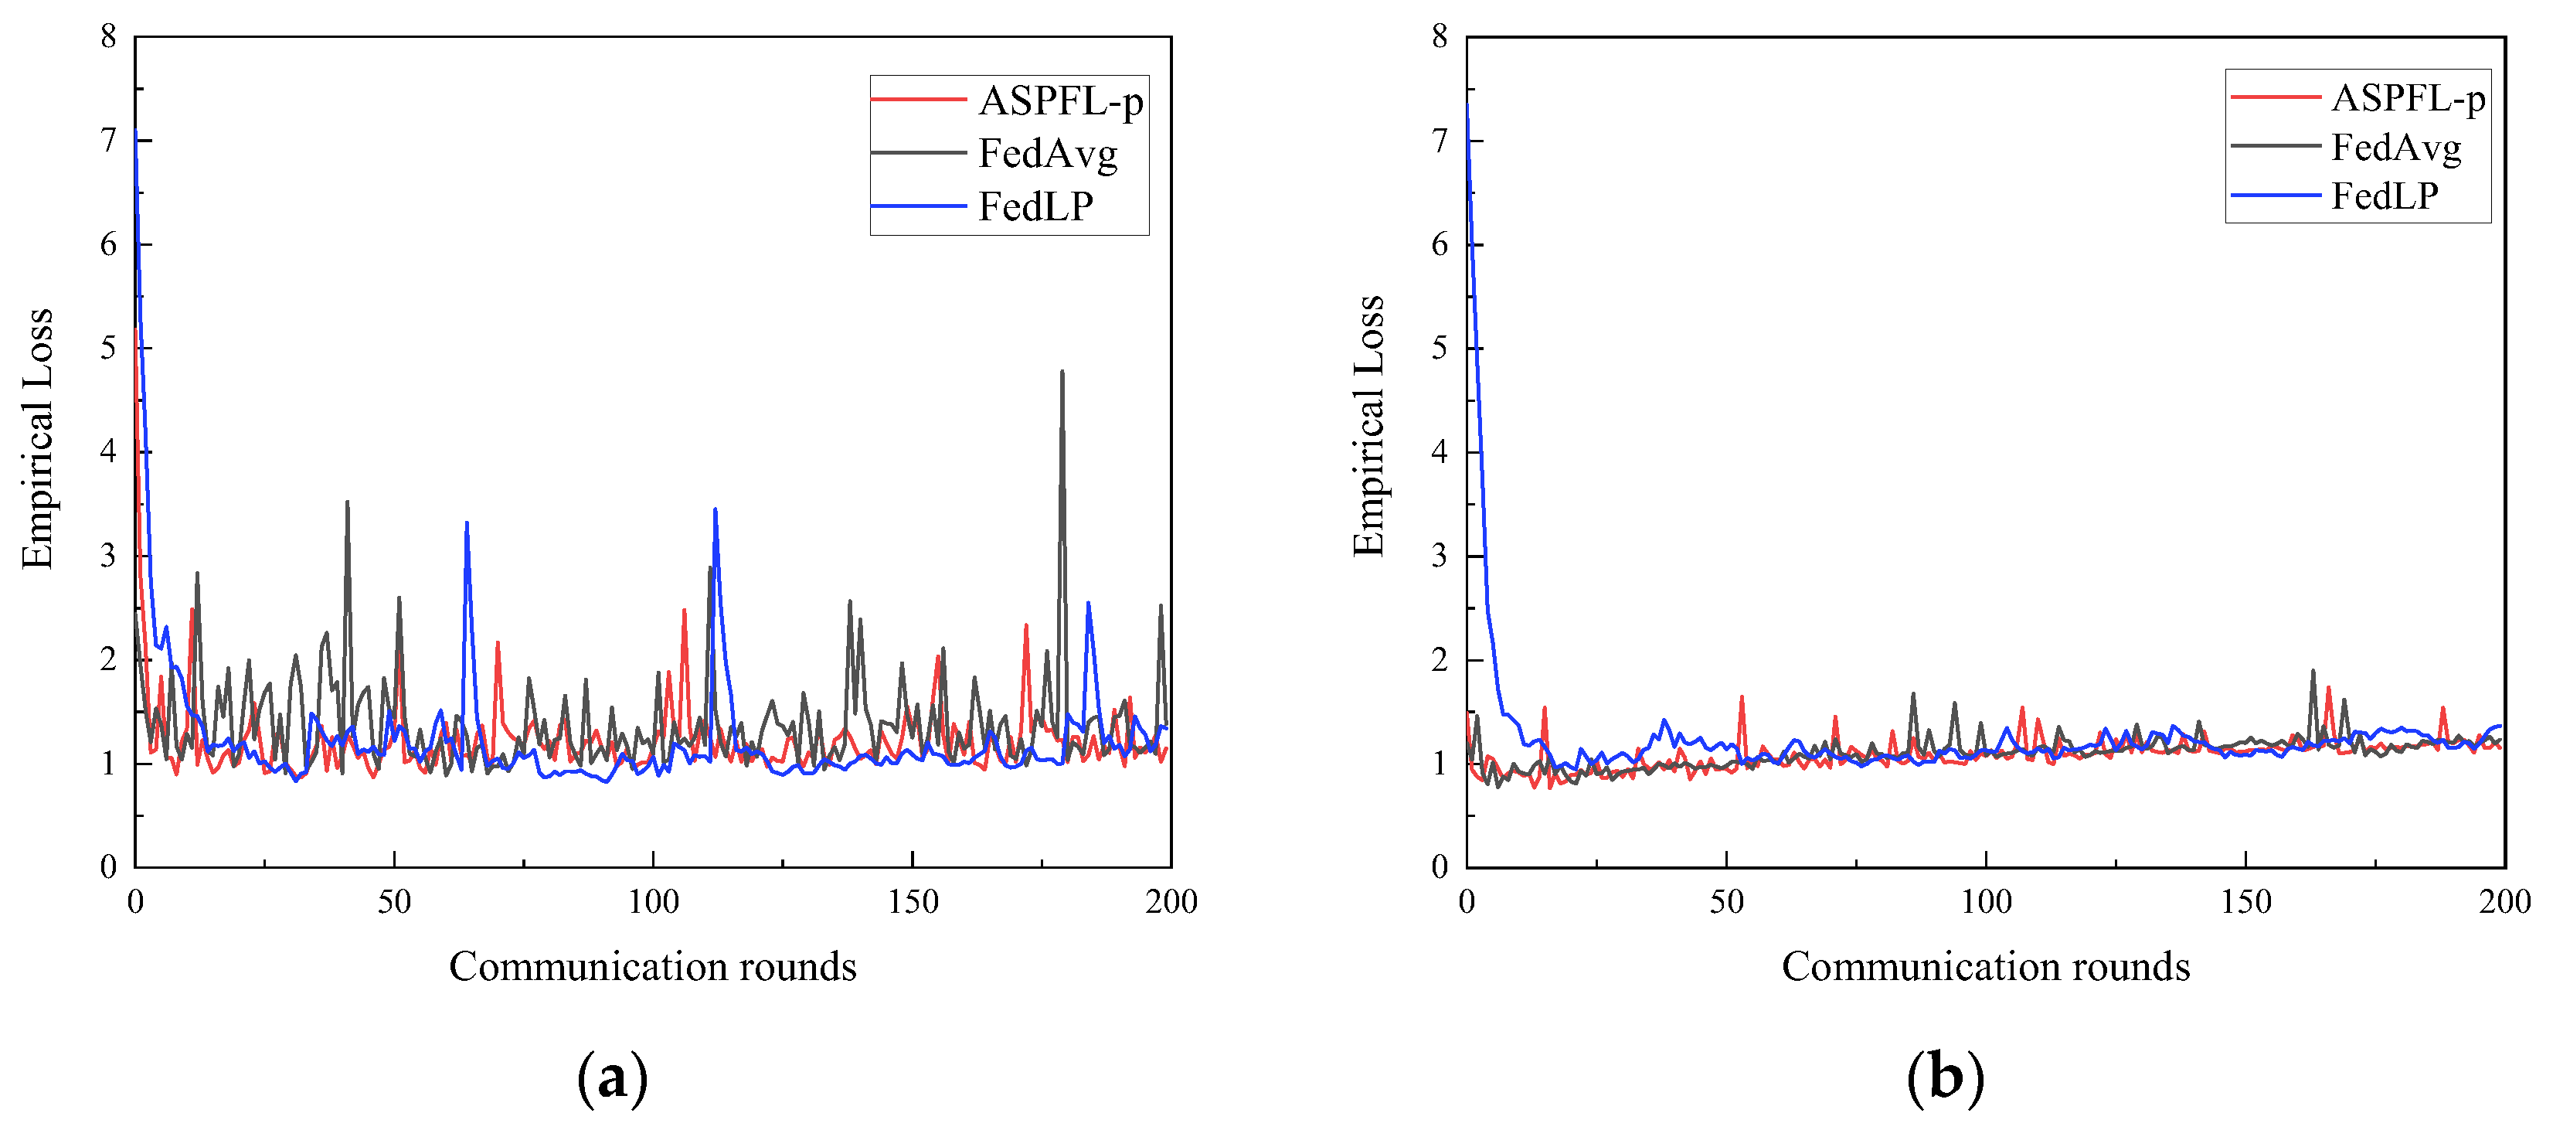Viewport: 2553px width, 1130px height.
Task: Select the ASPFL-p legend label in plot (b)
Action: click(2407, 98)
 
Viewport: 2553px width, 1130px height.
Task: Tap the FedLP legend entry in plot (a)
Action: click(1035, 207)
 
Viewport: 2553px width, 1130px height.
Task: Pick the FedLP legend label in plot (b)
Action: click(2384, 196)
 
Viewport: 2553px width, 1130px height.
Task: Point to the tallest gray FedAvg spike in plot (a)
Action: click(1062, 373)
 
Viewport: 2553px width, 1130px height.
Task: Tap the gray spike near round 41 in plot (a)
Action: click(347, 503)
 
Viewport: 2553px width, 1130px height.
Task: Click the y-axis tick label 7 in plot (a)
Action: click(109, 141)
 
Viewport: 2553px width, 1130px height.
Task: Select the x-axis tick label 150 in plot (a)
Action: click(912, 901)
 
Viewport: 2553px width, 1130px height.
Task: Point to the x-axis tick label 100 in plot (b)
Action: click(1986, 901)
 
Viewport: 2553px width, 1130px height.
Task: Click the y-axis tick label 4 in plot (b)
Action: click(1440, 452)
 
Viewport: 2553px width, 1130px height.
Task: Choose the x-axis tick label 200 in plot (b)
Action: click(2504, 901)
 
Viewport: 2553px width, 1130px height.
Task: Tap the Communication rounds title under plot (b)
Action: click(1985, 966)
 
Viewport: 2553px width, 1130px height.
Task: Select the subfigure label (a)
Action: click(613, 1078)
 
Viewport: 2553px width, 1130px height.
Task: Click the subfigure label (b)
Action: click(1946, 1078)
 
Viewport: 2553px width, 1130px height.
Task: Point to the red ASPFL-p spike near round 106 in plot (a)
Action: click(684, 611)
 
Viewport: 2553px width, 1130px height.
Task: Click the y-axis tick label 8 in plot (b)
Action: click(1440, 38)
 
